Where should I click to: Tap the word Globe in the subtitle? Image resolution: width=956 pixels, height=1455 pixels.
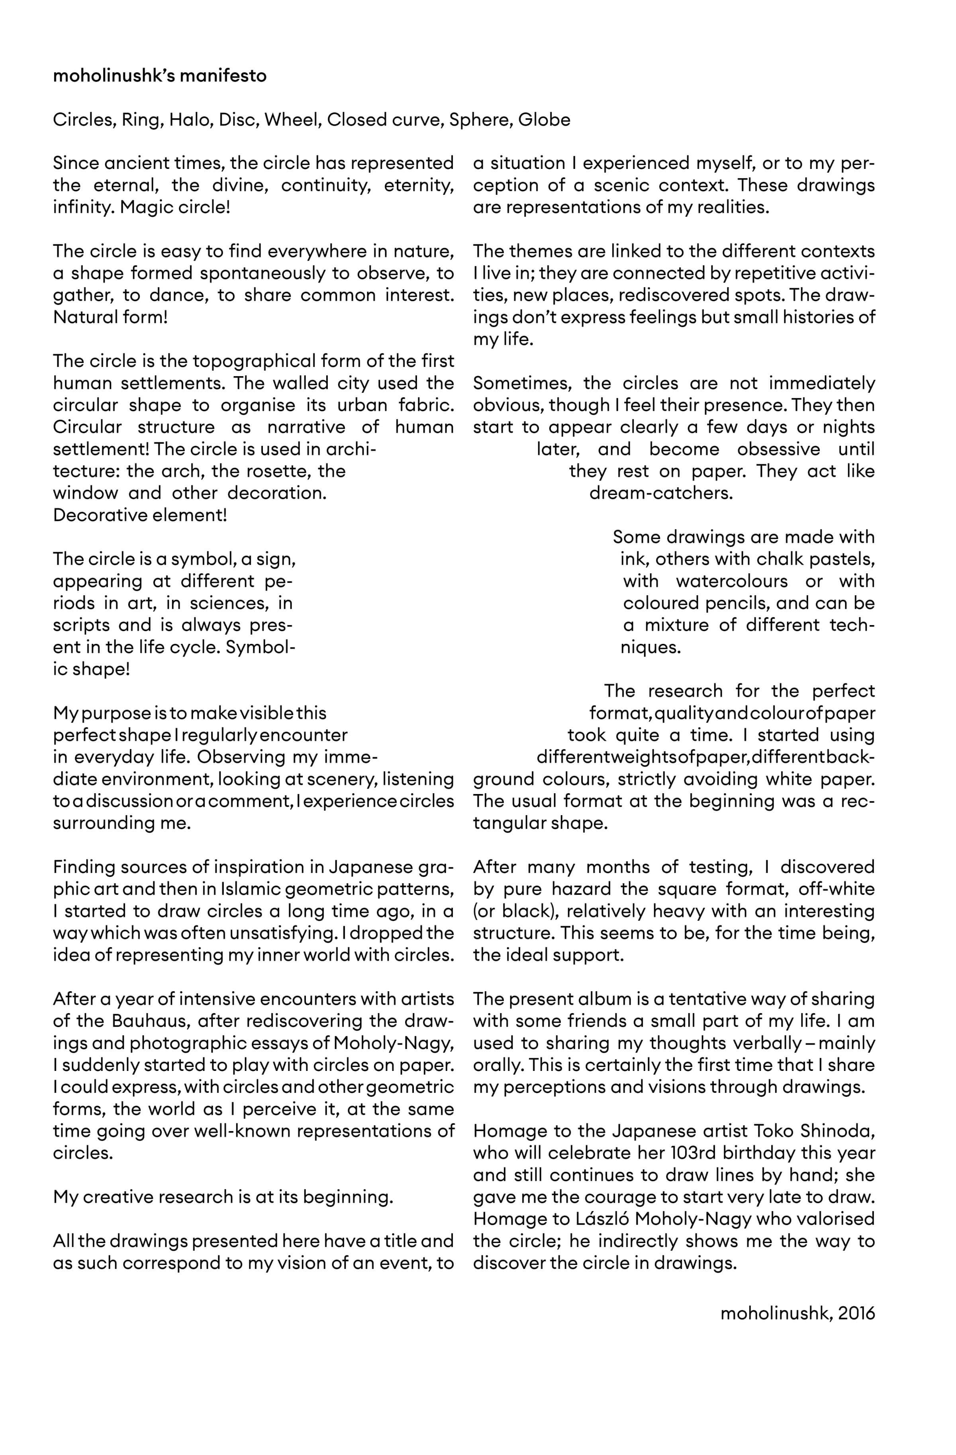click(544, 120)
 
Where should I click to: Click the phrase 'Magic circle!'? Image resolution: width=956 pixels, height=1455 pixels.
click(175, 207)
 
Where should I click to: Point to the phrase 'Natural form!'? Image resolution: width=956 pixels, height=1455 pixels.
click(110, 317)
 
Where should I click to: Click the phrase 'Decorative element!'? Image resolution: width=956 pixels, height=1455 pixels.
click(140, 515)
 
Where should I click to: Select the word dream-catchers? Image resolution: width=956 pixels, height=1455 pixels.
click(661, 493)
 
